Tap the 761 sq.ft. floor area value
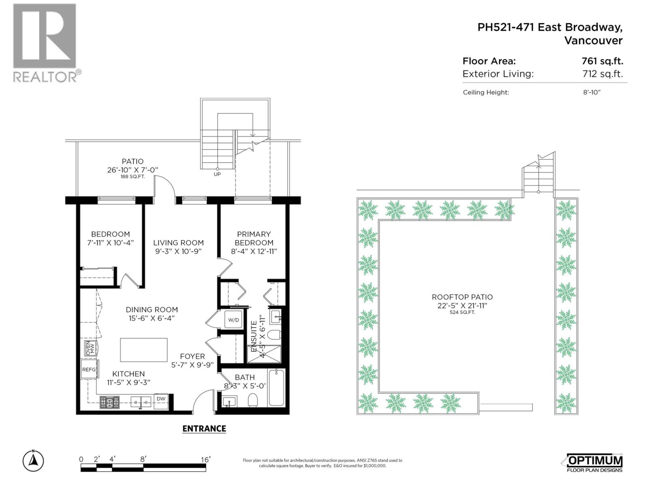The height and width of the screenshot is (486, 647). (x=602, y=61)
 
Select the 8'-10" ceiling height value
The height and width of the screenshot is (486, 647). (x=592, y=92)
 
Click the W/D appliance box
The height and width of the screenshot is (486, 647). (x=234, y=320)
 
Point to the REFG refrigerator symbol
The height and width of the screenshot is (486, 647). (x=89, y=369)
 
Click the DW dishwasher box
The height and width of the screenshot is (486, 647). (x=161, y=399)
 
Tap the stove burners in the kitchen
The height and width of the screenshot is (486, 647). (x=110, y=402)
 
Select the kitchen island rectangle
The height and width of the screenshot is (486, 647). (x=144, y=350)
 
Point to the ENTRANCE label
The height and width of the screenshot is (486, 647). (x=204, y=428)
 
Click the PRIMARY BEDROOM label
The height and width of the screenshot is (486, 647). (x=254, y=238)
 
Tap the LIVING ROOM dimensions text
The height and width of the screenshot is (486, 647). (x=178, y=252)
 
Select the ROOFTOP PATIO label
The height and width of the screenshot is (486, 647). (x=462, y=297)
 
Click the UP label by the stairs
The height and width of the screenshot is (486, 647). (x=217, y=175)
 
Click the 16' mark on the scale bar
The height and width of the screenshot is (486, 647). (x=206, y=460)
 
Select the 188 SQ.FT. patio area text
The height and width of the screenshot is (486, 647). (x=132, y=177)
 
